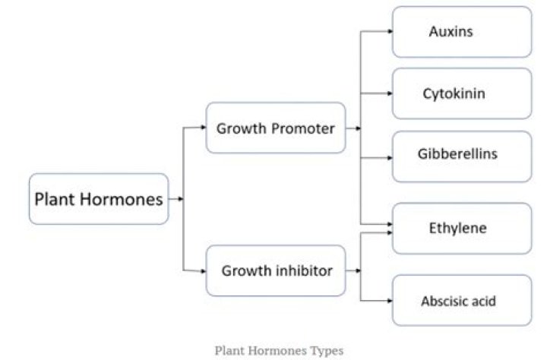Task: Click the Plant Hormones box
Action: pos(99,199)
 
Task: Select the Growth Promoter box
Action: pos(276,128)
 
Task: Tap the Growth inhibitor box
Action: pos(276,270)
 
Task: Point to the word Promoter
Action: pos(303,128)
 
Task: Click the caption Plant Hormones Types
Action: pos(279,350)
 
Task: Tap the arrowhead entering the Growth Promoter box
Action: pos(203,128)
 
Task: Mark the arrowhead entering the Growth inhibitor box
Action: pos(203,270)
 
